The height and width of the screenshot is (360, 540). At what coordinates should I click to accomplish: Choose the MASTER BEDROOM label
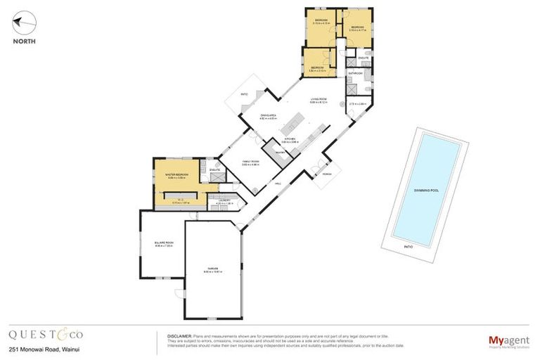pos(176,174)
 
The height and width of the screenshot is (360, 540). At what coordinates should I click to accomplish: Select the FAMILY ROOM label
pos(251,161)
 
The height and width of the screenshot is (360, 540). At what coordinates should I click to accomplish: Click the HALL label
pos(277,184)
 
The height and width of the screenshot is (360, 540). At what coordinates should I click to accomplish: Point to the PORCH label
pos(327,174)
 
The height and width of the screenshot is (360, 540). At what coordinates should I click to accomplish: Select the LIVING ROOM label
pos(319,99)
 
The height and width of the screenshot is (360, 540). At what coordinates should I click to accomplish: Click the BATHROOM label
pos(356,73)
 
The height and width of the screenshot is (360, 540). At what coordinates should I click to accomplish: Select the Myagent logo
pos(508,340)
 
